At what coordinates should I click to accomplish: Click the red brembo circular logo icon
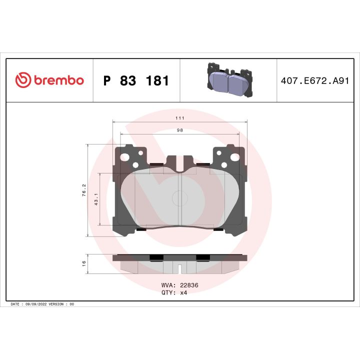23,80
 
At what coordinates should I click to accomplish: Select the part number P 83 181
135,80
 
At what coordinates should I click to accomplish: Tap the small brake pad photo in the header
228,80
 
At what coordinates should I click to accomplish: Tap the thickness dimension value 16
84,263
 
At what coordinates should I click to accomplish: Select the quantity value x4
183,292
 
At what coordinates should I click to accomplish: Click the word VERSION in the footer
56,304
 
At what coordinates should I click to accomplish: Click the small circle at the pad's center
179,198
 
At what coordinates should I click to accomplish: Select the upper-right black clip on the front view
202,164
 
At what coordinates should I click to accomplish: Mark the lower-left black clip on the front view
140,230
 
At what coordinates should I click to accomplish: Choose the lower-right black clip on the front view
218,230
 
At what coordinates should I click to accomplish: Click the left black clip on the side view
156,257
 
